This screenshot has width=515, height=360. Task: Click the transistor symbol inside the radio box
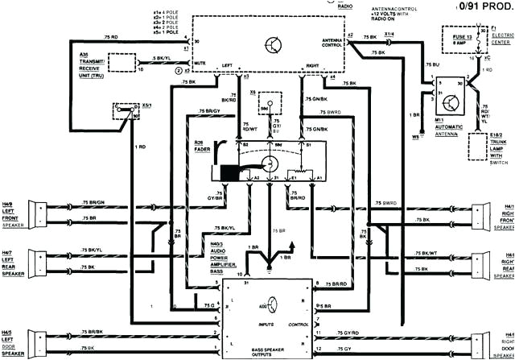[276, 44]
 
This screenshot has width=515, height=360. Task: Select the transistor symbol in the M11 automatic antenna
[453, 103]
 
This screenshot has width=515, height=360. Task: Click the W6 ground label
[415, 138]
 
